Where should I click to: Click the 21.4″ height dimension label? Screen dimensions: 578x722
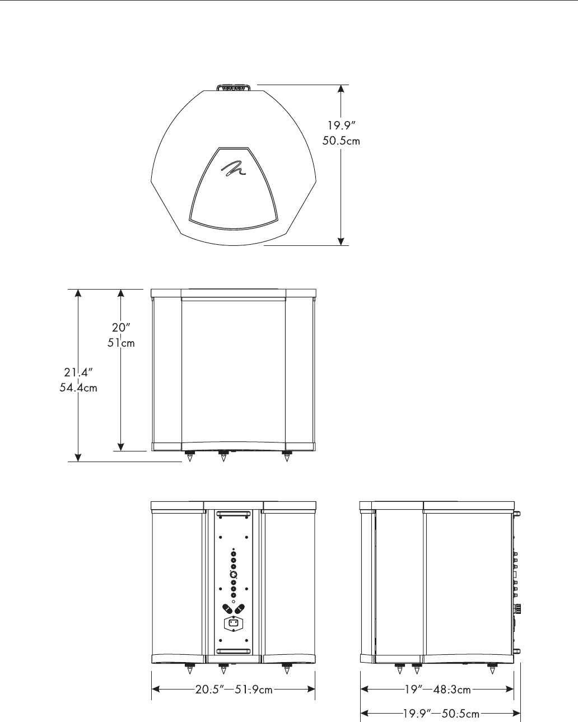[78, 372]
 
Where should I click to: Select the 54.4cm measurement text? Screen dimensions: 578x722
[78, 388]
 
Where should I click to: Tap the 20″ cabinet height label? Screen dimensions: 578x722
[121, 328]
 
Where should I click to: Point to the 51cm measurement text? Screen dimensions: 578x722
[121, 343]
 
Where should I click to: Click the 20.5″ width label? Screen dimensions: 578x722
[209, 690]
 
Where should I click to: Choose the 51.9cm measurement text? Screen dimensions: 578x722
[254, 690]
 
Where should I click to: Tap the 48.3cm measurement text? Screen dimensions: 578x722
[452, 690]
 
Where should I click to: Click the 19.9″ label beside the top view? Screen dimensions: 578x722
[341, 125]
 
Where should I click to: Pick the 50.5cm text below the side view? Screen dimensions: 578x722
[460, 713]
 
